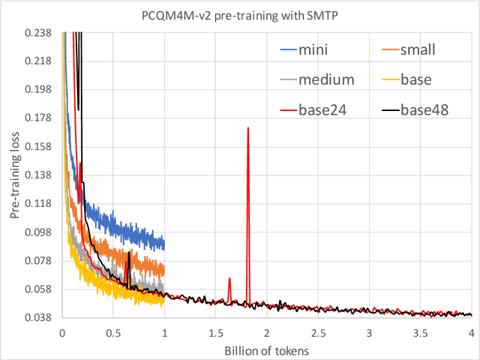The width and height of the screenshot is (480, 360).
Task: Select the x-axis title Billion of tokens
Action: point(266,351)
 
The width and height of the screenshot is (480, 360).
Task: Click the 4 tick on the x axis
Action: point(471,331)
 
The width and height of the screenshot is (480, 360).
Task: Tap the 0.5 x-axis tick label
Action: point(113,331)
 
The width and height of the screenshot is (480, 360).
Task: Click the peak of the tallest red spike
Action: point(247,128)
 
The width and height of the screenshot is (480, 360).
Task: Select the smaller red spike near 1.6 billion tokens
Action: point(229,278)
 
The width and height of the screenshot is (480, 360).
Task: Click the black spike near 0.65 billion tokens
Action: point(129,253)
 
